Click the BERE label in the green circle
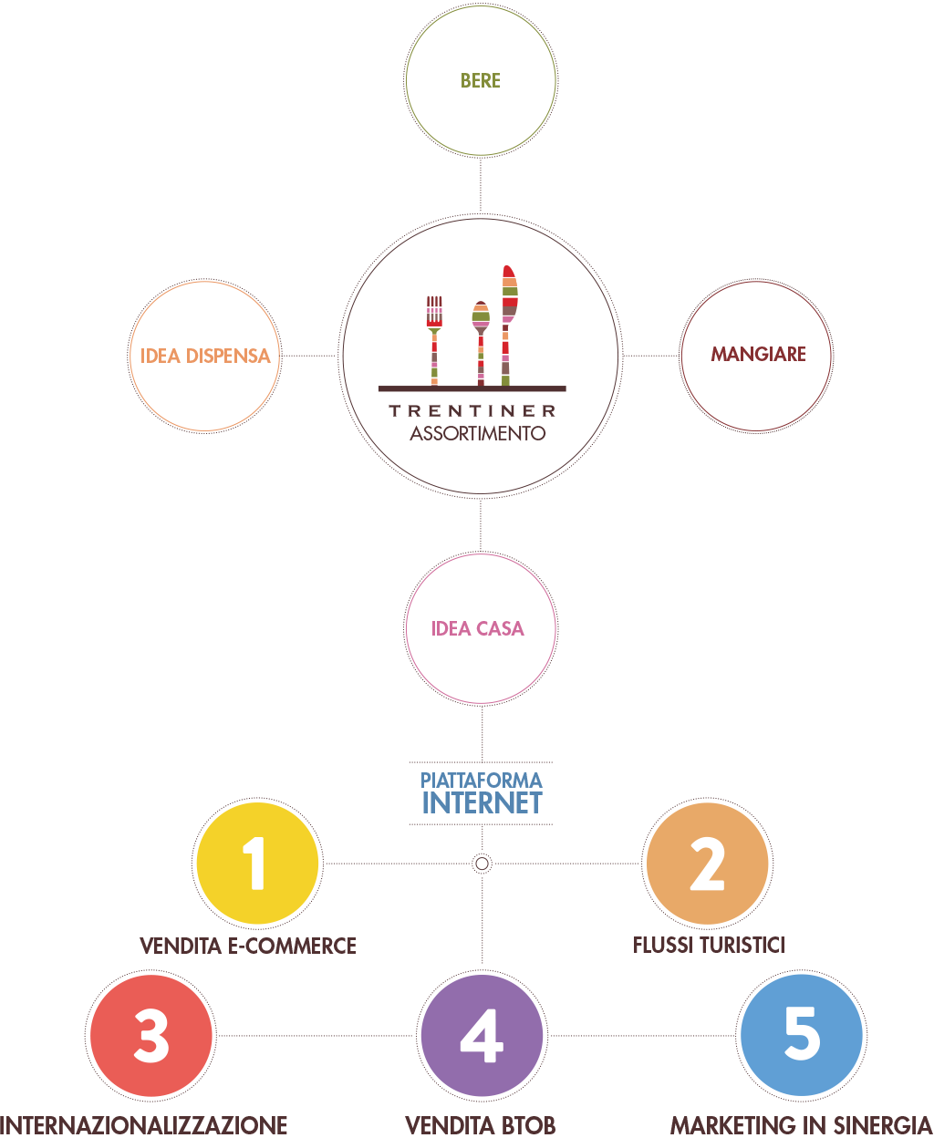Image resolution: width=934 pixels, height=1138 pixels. tap(481, 80)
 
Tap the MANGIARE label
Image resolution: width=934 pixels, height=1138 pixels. tap(758, 354)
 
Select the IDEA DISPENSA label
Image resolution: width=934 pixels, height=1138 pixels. tap(205, 356)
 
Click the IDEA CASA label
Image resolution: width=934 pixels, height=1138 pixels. tap(478, 628)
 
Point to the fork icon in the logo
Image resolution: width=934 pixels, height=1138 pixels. tap(434, 338)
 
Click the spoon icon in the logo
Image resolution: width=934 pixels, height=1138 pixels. tap(480, 341)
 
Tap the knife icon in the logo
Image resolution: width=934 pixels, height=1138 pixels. tap(508, 324)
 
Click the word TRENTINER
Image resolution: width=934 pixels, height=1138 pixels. tap(472, 410)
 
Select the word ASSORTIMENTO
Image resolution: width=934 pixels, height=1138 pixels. tap(477, 433)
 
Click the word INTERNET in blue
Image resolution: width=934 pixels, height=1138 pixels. tap(482, 803)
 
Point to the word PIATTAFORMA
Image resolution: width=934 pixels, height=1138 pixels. tap(482, 781)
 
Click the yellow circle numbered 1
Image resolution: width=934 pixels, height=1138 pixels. tap(257, 863)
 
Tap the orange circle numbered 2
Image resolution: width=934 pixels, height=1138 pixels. tap(707, 864)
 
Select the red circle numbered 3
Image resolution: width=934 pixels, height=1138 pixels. tap(151, 1036)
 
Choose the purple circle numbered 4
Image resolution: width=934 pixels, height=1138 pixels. tap(482, 1036)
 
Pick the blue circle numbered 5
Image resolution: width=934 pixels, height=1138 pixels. tap(801, 1034)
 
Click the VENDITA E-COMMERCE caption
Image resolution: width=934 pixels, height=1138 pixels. tap(248, 946)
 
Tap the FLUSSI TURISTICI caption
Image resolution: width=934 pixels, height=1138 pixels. tap(709, 945)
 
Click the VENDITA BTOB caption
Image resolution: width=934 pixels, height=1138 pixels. tap(481, 1124)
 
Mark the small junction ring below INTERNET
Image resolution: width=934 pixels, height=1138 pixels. tap(482, 863)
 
